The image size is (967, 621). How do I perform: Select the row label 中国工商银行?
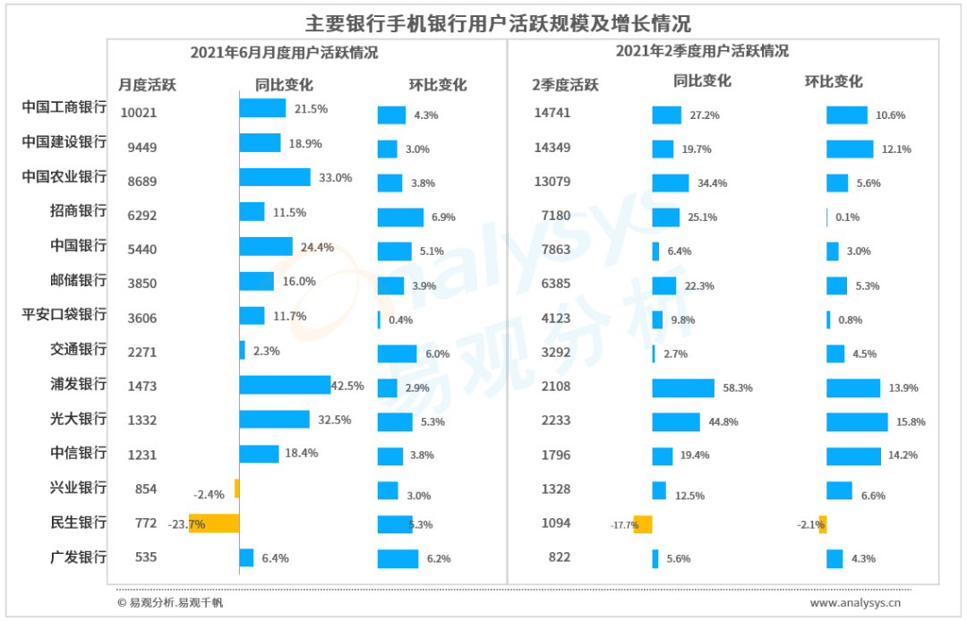64,107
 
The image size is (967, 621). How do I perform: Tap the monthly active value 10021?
138,113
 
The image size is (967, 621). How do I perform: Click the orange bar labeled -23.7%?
214,523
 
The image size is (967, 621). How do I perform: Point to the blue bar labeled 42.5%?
285,385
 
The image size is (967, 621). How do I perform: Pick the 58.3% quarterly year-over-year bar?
682,387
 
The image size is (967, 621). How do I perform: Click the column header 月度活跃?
148,86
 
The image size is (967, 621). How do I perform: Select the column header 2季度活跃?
565,86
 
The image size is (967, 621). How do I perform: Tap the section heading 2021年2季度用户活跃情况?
702,52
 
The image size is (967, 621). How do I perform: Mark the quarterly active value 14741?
552,113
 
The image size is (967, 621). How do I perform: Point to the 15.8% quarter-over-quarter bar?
857,421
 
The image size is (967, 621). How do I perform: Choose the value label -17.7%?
624,525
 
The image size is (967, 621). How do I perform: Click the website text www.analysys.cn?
856,603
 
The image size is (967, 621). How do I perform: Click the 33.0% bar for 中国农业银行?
275,177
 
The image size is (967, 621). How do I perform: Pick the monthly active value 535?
145,557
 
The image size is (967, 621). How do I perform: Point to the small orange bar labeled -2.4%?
236,488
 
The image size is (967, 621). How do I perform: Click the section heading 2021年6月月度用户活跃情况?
284,53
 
